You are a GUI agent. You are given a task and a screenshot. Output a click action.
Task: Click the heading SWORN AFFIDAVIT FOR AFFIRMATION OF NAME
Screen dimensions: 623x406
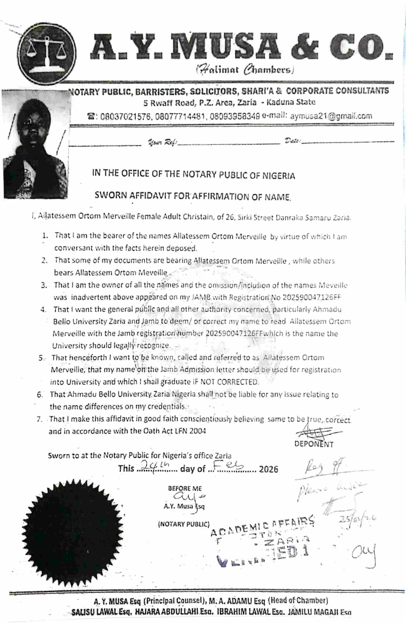click(x=193, y=196)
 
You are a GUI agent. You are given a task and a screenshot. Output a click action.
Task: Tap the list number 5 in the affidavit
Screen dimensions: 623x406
click(x=41, y=358)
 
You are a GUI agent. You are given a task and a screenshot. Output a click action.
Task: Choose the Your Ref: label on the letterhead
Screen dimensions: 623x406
click(x=163, y=143)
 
